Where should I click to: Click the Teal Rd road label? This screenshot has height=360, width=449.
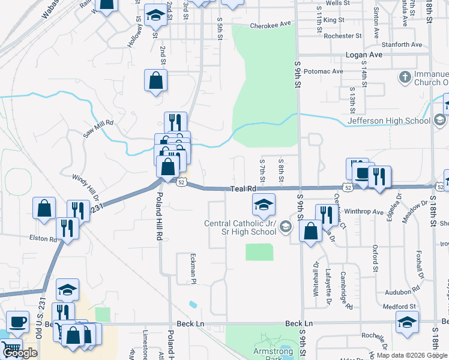tap(244, 189)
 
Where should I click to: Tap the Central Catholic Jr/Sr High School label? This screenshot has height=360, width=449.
tap(240, 227)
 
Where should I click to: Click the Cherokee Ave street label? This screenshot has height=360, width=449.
tap(270, 25)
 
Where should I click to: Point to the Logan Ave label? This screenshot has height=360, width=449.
tap(364, 55)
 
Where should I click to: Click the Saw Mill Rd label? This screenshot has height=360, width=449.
tap(98, 127)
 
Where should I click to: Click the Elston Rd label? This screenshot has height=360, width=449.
tap(41, 238)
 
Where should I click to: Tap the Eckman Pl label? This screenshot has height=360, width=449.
tap(194, 268)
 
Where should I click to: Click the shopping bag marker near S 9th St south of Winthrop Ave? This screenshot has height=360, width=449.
tap(310, 231)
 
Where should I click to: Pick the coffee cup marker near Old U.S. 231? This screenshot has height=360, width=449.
tap(17, 322)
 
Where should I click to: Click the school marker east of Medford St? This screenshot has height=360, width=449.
tap(408, 323)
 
